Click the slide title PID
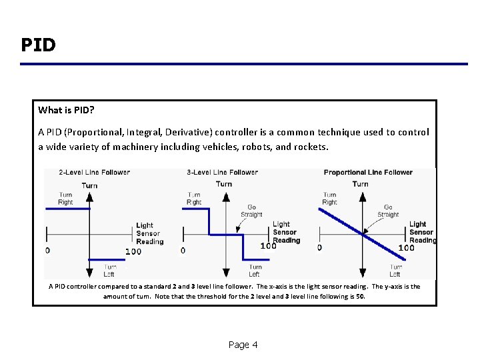point(38,45)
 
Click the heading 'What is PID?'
point(65,110)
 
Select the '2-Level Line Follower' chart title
point(94,172)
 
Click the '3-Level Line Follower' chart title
point(222,172)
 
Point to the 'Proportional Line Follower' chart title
point(368,172)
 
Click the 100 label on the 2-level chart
point(133,251)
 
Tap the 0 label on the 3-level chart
point(183,251)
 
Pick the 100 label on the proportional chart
point(406,248)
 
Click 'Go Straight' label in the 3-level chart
point(251,211)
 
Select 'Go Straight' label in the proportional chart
point(388,211)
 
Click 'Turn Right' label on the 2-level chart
point(65,198)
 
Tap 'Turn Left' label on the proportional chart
point(395,270)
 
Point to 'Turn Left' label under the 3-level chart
point(254,270)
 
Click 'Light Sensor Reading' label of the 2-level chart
point(149,233)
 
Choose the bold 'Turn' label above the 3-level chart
point(224,184)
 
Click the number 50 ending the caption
point(360,297)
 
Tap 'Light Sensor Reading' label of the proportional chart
point(421,232)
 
